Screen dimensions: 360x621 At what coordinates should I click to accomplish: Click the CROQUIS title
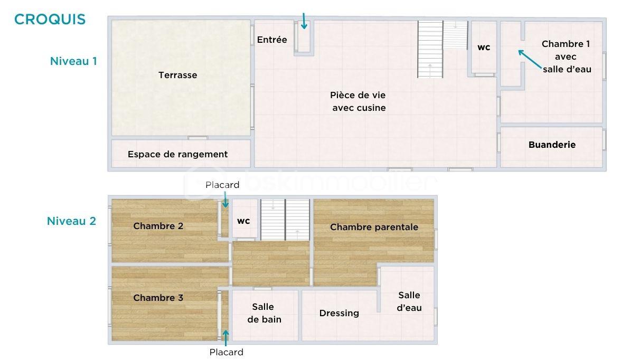[x=50, y=20]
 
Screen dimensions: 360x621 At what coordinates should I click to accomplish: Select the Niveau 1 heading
[x=73, y=61]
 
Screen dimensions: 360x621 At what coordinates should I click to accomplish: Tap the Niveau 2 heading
[x=72, y=221]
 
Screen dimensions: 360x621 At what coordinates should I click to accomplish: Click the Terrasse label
[x=178, y=75]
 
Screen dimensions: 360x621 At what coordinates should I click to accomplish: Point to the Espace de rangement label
[x=177, y=154]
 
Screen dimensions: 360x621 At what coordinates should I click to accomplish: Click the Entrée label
[x=272, y=40]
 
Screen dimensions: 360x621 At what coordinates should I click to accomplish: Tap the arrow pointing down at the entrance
[x=304, y=21]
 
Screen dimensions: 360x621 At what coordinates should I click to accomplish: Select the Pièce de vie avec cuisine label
[x=359, y=101]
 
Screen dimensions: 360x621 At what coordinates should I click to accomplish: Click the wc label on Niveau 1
[x=484, y=47]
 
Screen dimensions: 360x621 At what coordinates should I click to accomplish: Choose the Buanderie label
[x=552, y=145]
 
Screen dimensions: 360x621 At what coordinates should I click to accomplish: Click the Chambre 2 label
[x=158, y=226]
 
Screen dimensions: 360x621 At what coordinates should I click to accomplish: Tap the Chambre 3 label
[x=158, y=298]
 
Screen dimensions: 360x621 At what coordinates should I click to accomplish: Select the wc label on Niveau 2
[x=243, y=221]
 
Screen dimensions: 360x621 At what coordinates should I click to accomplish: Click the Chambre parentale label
[x=374, y=227]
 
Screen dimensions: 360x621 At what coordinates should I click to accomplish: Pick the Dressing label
[x=339, y=313]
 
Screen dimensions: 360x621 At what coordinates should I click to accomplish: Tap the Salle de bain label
[x=263, y=313]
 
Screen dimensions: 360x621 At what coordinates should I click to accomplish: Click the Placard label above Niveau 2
[x=222, y=185]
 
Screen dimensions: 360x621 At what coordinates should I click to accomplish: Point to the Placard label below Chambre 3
[x=226, y=352]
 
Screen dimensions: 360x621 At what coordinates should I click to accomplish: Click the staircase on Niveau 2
[x=285, y=219]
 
